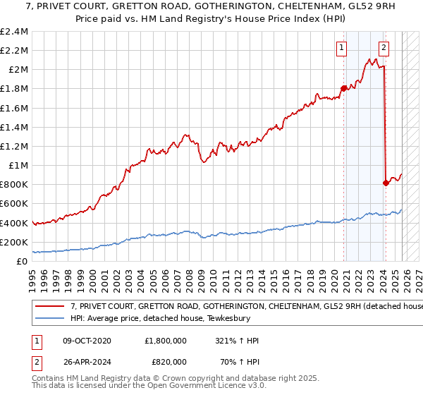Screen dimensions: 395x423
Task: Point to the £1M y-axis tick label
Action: point(17,166)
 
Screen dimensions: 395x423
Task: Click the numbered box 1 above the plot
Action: point(342,48)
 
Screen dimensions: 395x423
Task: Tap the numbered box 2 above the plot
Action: point(384,48)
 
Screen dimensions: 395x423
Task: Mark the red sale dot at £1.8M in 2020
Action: point(344,89)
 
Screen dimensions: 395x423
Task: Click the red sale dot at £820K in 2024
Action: point(386,183)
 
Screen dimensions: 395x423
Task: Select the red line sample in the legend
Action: point(50,307)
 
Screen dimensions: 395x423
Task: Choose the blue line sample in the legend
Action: point(50,318)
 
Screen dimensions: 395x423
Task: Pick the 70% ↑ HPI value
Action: point(238,363)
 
